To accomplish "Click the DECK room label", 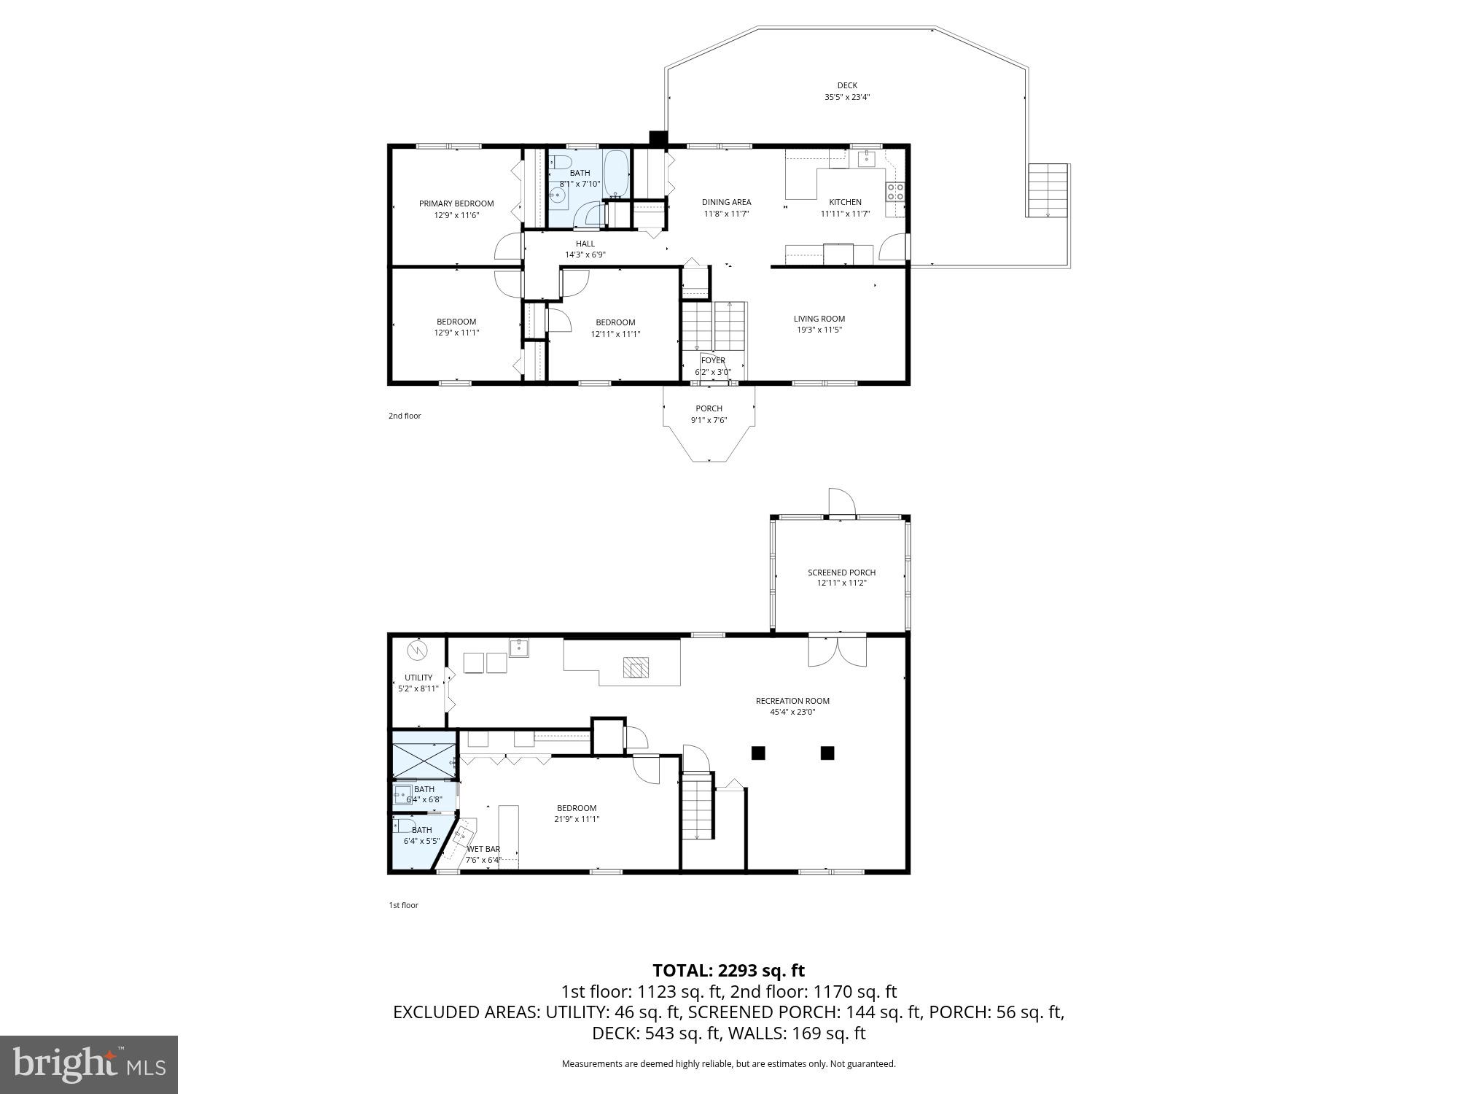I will tap(846, 85).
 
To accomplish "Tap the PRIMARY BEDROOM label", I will tap(456, 203).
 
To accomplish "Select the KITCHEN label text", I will tap(845, 202).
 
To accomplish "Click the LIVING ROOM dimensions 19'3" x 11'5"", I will tap(819, 330).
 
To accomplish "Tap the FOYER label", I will tap(712, 360).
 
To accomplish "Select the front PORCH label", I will tap(709, 408).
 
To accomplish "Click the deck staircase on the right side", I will tap(1048, 190).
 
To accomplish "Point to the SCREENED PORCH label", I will tap(841, 573).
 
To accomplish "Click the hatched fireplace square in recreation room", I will tap(635, 668).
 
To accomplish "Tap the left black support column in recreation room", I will tap(758, 753).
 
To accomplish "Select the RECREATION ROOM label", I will tap(792, 701).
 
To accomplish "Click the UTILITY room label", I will tap(418, 678).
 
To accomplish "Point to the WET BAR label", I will tap(483, 849).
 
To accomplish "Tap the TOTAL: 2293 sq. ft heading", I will tap(728, 971).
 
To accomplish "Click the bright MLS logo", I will tap(89, 1065).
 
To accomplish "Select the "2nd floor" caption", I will tap(405, 416).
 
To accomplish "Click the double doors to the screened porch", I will tap(838, 650).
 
